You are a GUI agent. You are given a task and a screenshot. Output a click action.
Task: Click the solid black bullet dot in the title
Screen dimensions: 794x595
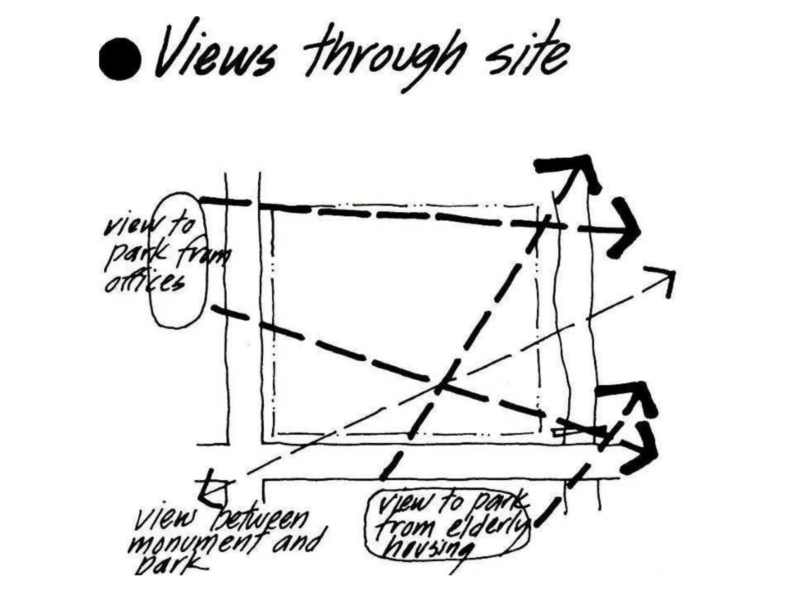[x=120, y=59]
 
